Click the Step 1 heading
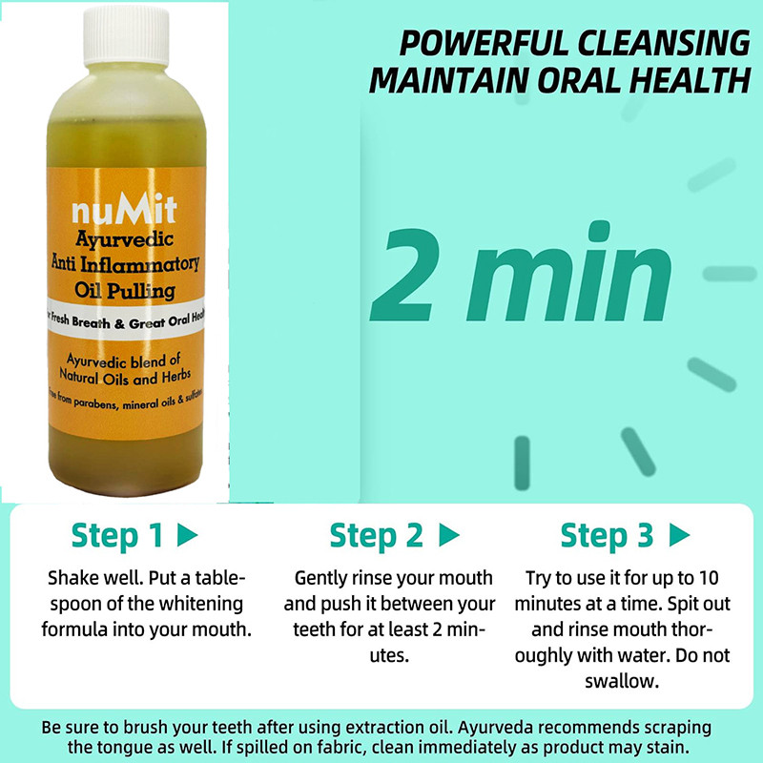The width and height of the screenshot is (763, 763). [116, 536]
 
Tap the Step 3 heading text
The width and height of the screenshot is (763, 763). [607, 536]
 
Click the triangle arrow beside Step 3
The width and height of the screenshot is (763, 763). [679, 536]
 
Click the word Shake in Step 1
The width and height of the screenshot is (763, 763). [71, 579]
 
